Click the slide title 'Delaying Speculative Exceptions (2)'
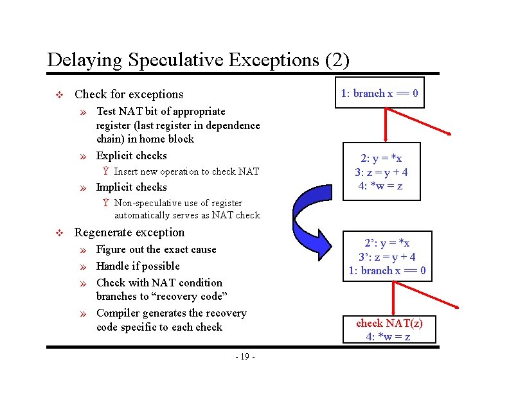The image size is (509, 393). [x=198, y=60]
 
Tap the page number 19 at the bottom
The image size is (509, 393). [x=245, y=357]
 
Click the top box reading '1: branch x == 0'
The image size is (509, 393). [x=380, y=94]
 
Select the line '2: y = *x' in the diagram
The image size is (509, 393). [x=381, y=159]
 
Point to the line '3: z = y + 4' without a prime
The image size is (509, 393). [x=381, y=172]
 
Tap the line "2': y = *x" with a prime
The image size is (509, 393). [x=387, y=243]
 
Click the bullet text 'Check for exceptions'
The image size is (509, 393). [x=129, y=94]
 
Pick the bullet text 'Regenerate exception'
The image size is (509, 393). [x=129, y=232]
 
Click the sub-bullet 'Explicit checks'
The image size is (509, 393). [x=131, y=155]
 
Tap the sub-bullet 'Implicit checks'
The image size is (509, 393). [x=131, y=188]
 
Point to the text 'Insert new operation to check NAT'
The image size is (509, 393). [x=186, y=171]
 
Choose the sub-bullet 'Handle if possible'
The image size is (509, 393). [x=138, y=266]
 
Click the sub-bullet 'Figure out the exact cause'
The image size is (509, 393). [x=156, y=250]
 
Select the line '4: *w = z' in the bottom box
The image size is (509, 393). [x=388, y=336]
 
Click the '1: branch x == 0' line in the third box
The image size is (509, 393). [x=387, y=270]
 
